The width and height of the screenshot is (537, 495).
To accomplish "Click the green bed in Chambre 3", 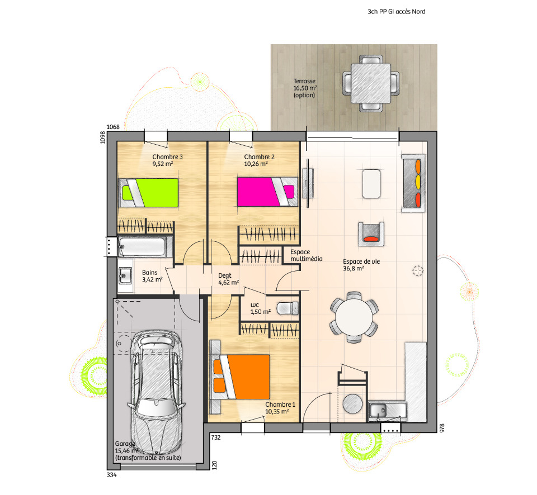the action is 148,193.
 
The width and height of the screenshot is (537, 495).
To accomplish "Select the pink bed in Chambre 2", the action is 267,192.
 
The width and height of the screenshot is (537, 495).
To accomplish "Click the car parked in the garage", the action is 157,392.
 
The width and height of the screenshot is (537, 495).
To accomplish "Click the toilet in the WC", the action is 288,308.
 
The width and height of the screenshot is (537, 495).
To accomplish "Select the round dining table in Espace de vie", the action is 354,317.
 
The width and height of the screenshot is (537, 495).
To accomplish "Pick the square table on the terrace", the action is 370,83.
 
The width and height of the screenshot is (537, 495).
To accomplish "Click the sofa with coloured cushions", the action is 414,183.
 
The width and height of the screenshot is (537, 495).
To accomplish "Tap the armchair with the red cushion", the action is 371,234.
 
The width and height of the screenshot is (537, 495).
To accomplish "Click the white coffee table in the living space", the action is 371,184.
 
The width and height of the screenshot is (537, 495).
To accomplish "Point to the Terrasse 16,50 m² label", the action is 305,88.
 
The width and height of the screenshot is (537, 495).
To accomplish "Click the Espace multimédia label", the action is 307,255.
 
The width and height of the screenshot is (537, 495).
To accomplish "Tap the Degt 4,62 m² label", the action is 228,279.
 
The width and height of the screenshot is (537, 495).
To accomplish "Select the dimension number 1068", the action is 113,127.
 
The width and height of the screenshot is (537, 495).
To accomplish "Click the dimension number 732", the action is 216,437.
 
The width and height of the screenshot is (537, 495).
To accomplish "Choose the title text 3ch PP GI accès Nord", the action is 397,12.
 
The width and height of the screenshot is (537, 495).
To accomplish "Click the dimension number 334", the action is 112,475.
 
